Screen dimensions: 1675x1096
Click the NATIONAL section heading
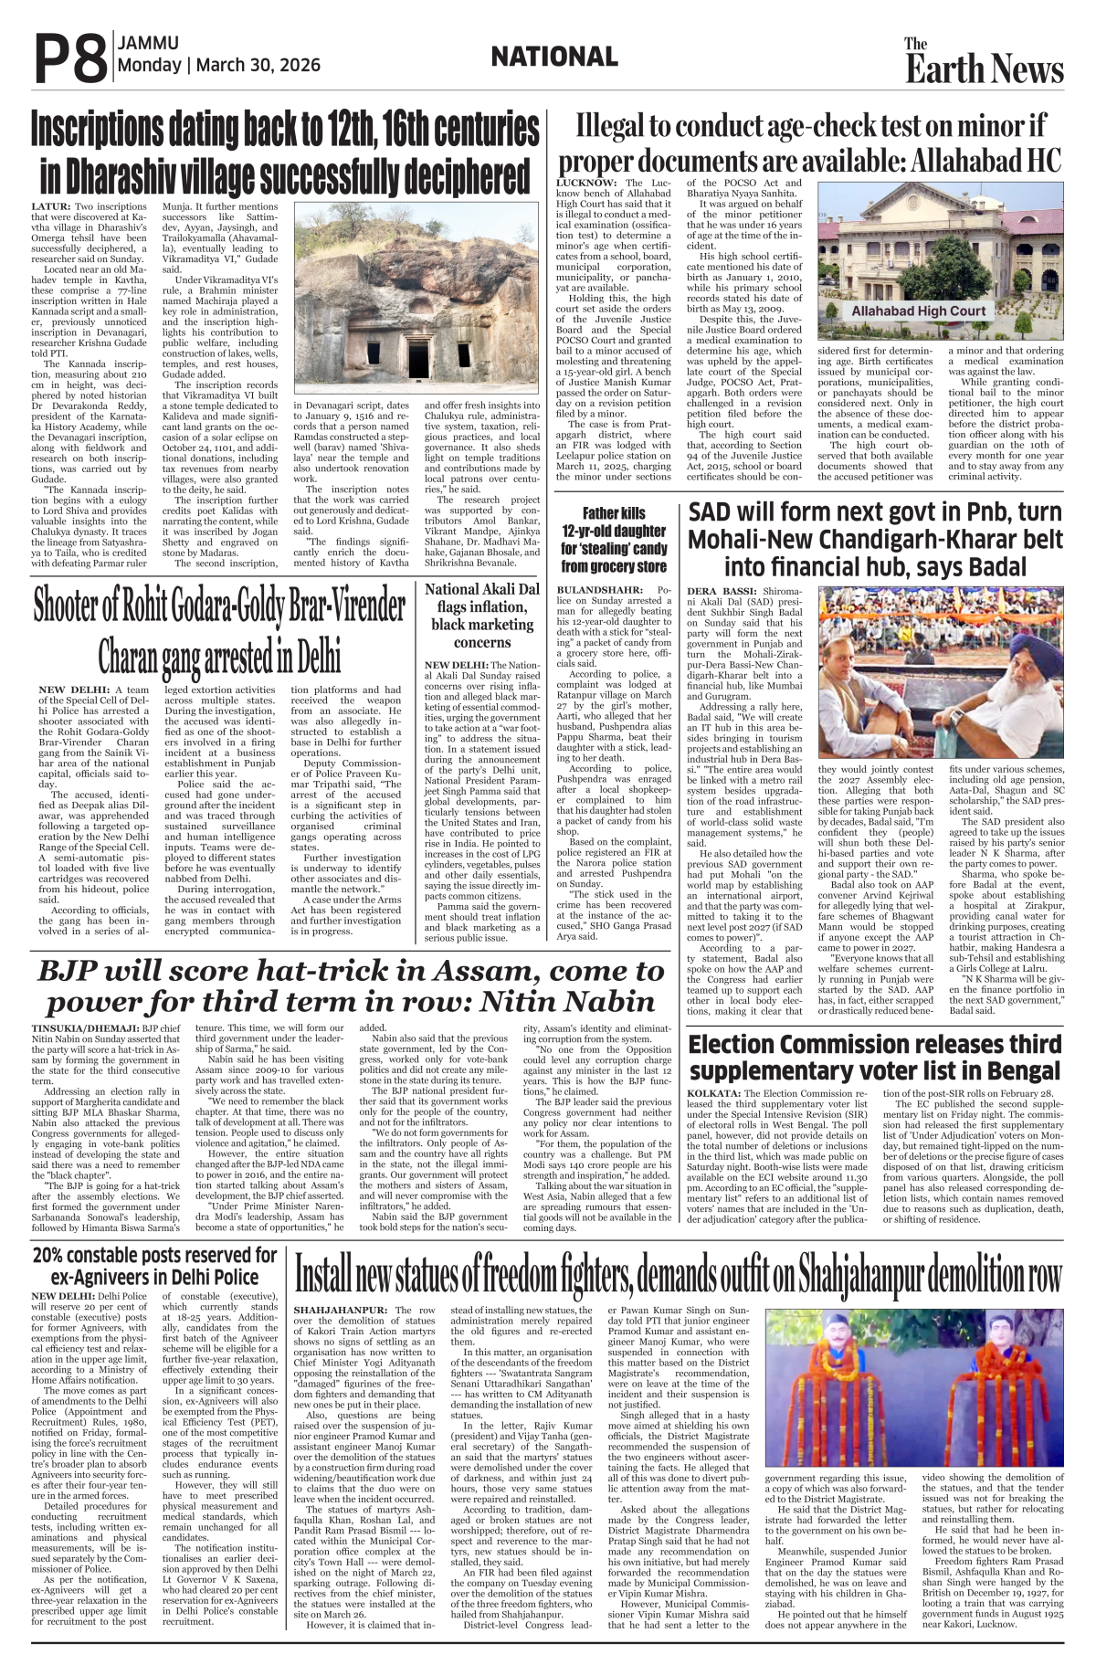553,58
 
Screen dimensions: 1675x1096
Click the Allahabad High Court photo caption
918,311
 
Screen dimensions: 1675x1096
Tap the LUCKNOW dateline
588,184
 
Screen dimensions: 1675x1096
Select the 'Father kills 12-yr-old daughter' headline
614,540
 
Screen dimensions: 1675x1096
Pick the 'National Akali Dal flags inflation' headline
482,616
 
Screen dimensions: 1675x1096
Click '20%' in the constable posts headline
56,1255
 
